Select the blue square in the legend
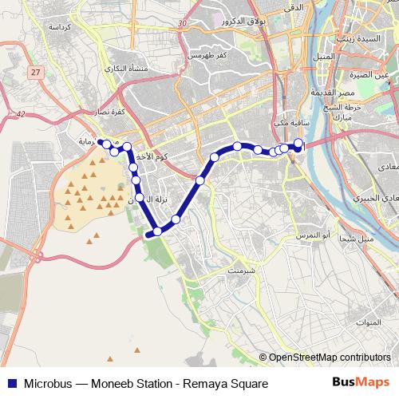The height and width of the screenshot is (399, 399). [10, 382]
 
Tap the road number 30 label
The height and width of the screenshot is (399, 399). [183, 25]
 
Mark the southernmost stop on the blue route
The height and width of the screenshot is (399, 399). [157, 231]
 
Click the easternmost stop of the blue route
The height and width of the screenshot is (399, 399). [298, 144]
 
